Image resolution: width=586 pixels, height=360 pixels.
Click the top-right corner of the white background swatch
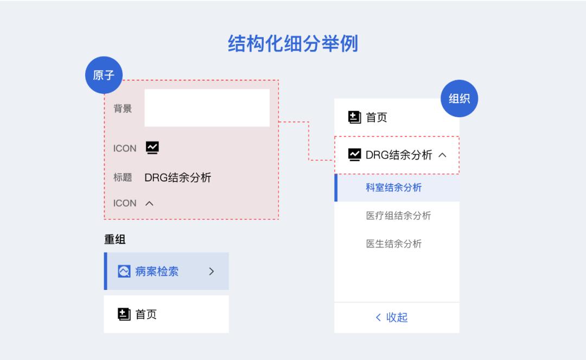point(270,90)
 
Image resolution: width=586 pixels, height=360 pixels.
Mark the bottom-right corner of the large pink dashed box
point(278,219)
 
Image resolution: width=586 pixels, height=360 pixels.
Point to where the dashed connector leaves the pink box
point(279,122)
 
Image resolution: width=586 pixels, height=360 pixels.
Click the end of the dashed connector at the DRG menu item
point(334,160)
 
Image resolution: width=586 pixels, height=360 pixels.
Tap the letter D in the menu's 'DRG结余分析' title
point(370,155)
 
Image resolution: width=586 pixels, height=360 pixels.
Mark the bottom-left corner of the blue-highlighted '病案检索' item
point(104,290)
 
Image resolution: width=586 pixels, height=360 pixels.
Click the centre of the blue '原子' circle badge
point(104,75)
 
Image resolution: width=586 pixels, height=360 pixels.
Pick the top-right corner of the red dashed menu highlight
point(459,136)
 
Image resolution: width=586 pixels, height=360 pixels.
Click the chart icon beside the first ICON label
point(152,148)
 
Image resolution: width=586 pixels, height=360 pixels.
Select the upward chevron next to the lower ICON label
point(150,204)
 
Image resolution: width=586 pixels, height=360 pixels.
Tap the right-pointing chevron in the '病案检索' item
point(212,271)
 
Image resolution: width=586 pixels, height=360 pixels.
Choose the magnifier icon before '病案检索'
point(124,271)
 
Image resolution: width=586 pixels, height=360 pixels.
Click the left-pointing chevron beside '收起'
point(378,318)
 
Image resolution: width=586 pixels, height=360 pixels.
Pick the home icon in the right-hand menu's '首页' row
point(354,117)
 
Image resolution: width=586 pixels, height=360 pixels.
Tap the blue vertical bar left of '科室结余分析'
point(336,188)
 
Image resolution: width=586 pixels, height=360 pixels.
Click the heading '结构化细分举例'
point(293,43)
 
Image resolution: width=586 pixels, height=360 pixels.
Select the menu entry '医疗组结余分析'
point(398,216)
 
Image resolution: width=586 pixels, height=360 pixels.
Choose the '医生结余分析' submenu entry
point(394,244)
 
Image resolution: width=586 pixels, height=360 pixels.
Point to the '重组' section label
point(114,239)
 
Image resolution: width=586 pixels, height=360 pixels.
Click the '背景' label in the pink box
point(123,109)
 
